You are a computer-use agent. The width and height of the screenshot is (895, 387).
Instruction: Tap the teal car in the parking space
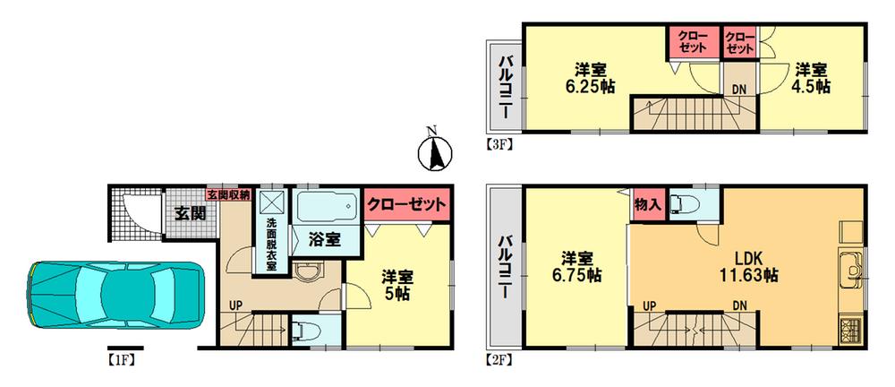point(116,292)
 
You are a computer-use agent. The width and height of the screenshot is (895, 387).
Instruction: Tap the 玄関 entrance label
point(189,214)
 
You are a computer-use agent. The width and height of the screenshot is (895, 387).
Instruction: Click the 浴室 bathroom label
point(323,240)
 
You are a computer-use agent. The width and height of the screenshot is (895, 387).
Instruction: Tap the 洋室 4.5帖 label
point(811,78)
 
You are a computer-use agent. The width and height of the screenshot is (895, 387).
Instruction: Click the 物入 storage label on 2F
point(648,202)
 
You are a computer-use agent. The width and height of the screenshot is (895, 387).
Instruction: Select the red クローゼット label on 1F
point(407,204)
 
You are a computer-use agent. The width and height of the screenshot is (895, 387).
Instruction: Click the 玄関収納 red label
point(228,193)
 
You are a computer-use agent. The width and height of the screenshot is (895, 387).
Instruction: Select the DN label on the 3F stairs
point(739,89)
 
